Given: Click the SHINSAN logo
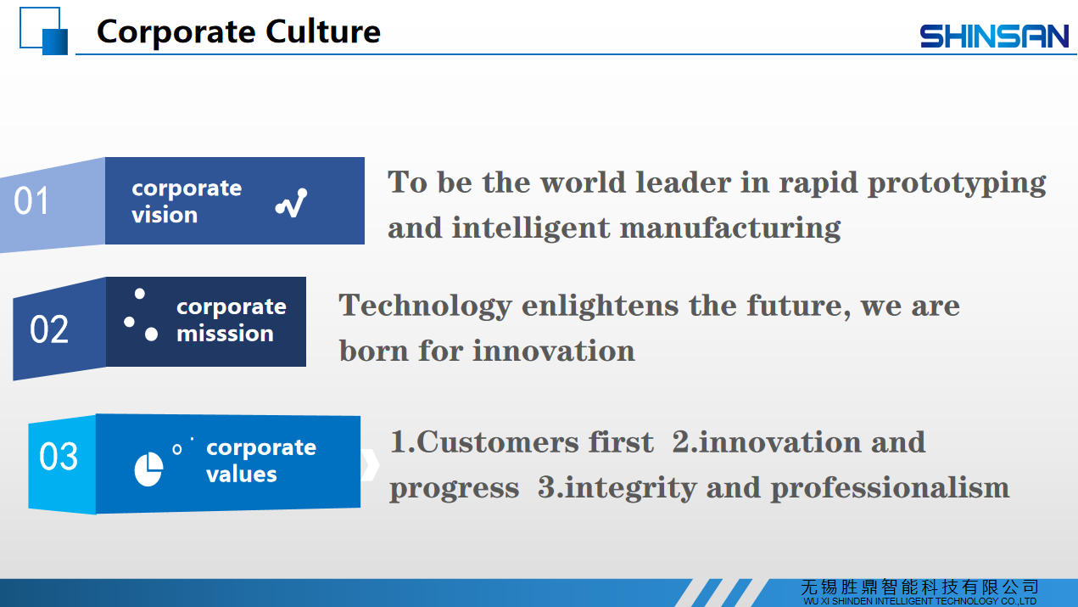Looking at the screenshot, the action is pos(994,37).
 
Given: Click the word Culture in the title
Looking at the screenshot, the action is pos(323,31).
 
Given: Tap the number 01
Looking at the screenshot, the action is pos(31,200).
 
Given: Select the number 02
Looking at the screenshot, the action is pos(49,329).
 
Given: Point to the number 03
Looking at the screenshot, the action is pos(59,456).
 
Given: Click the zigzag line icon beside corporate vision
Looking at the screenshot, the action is pos(291,203).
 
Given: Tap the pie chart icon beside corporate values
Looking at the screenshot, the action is pos(148,469).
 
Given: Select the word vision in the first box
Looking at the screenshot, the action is pos(165,215).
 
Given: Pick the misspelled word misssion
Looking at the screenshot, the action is pos(226,334).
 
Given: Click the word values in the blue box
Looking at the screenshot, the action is pos(242,474).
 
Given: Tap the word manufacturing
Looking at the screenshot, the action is pos(730,228).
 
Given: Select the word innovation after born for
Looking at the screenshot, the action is pos(554,351).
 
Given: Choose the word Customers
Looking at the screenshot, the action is pos(498,441).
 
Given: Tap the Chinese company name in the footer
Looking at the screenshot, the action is pos(919,587).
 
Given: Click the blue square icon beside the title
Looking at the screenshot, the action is pos(44,31).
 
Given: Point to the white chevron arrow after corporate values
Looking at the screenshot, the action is pos(370,465).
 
